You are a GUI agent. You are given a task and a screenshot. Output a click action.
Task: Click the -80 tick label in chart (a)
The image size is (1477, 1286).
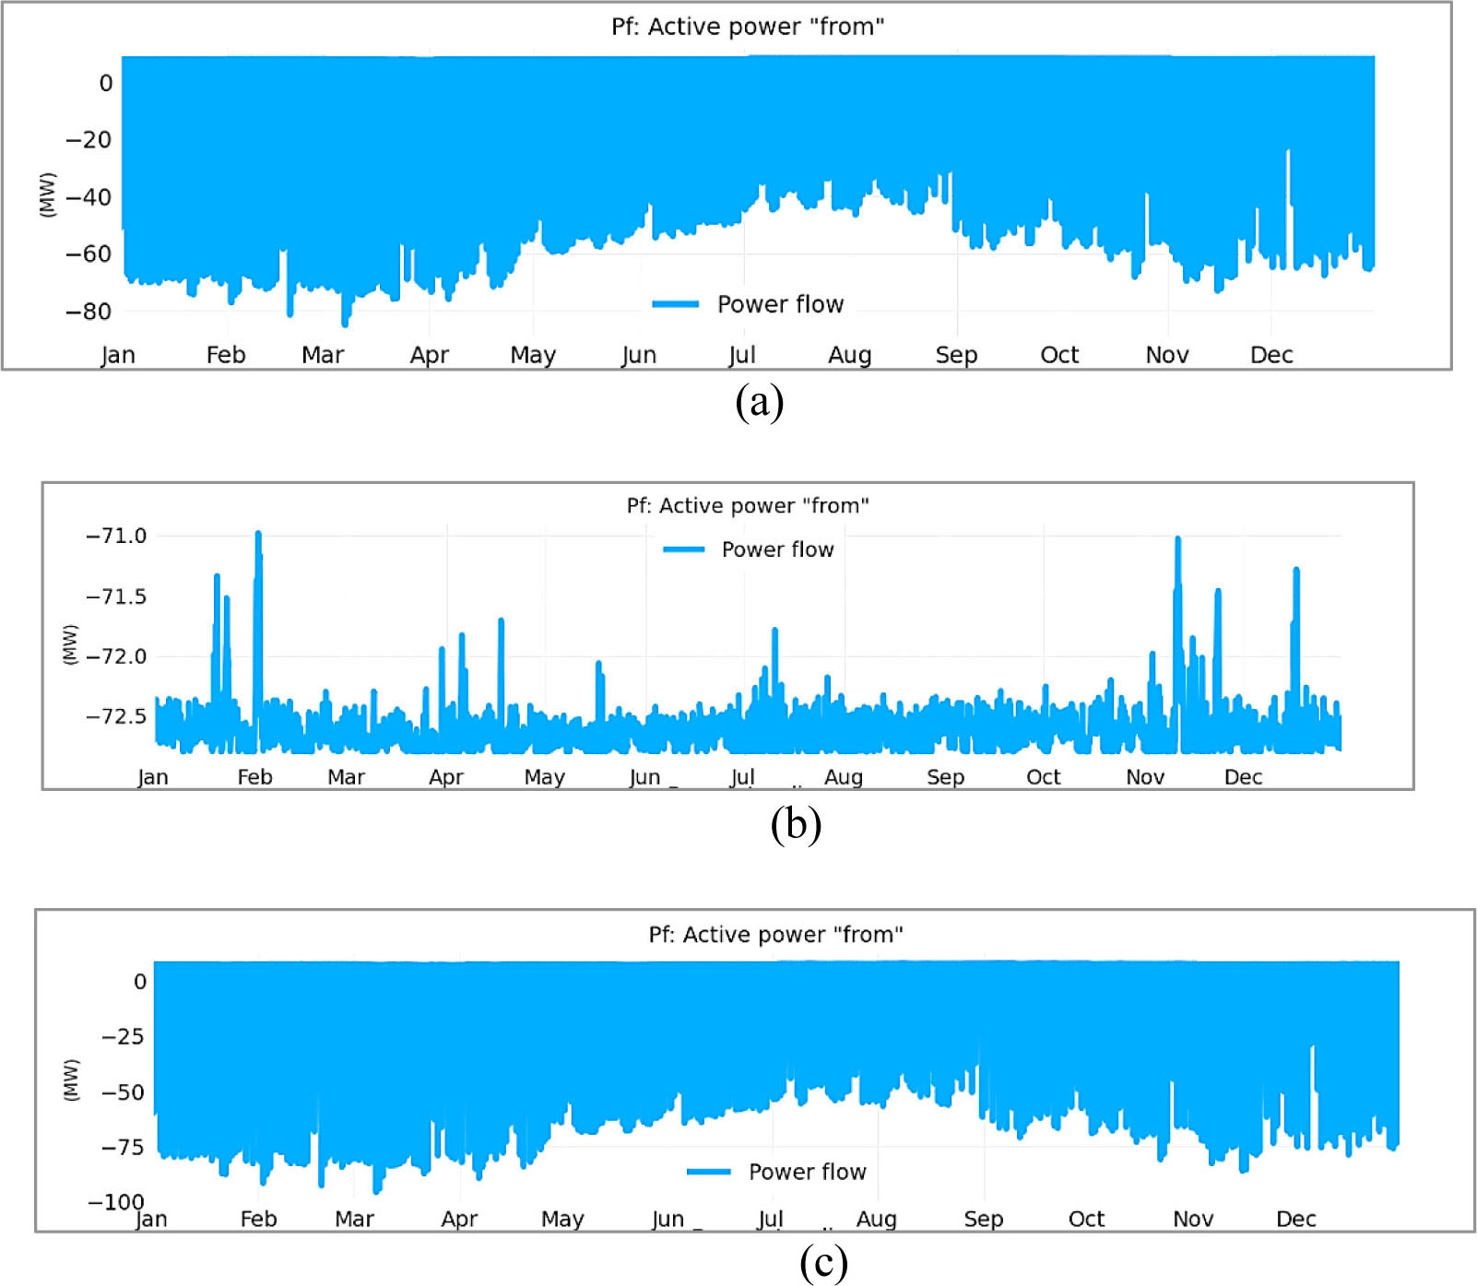(x=89, y=312)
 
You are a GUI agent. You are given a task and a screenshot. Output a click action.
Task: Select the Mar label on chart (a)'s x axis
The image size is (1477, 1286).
(x=323, y=355)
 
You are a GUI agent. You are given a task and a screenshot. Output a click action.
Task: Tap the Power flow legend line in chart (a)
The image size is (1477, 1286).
(x=675, y=304)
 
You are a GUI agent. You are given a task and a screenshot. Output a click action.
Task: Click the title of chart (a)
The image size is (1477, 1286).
(x=748, y=27)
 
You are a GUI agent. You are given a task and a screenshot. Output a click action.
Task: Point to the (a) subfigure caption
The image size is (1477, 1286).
(x=759, y=402)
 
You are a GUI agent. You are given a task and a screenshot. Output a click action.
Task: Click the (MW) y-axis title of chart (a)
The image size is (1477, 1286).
(x=48, y=195)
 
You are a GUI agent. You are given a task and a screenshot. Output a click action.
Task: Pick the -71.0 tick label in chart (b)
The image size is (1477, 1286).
(x=116, y=537)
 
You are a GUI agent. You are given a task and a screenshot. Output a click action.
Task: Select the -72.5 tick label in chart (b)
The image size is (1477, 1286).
(x=116, y=716)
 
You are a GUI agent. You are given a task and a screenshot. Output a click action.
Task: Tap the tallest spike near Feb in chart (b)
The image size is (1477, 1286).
(x=258, y=535)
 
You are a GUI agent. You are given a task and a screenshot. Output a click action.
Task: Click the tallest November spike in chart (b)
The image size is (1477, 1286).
(x=1177, y=540)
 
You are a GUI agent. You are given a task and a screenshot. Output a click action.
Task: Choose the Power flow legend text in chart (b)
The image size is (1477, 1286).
(x=777, y=549)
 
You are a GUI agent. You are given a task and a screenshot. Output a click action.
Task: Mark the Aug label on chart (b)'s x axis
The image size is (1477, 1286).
(x=844, y=777)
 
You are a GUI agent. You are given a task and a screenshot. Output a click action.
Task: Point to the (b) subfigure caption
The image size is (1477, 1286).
(x=796, y=823)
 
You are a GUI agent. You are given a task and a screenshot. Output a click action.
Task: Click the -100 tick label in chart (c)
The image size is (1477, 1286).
(x=116, y=1202)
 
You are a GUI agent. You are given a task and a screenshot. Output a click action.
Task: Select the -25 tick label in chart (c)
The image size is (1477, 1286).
(x=124, y=1036)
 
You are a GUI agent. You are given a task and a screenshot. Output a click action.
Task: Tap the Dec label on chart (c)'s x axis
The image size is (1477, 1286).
(x=1295, y=1219)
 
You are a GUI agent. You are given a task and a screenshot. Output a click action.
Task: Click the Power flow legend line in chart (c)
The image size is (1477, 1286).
(x=708, y=1172)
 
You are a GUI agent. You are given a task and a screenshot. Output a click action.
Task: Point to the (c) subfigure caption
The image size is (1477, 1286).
(x=823, y=1262)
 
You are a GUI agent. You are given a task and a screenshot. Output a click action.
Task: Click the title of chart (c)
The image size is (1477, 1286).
(x=775, y=935)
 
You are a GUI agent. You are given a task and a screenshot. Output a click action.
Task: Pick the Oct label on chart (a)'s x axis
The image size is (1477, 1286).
(x=1059, y=355)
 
